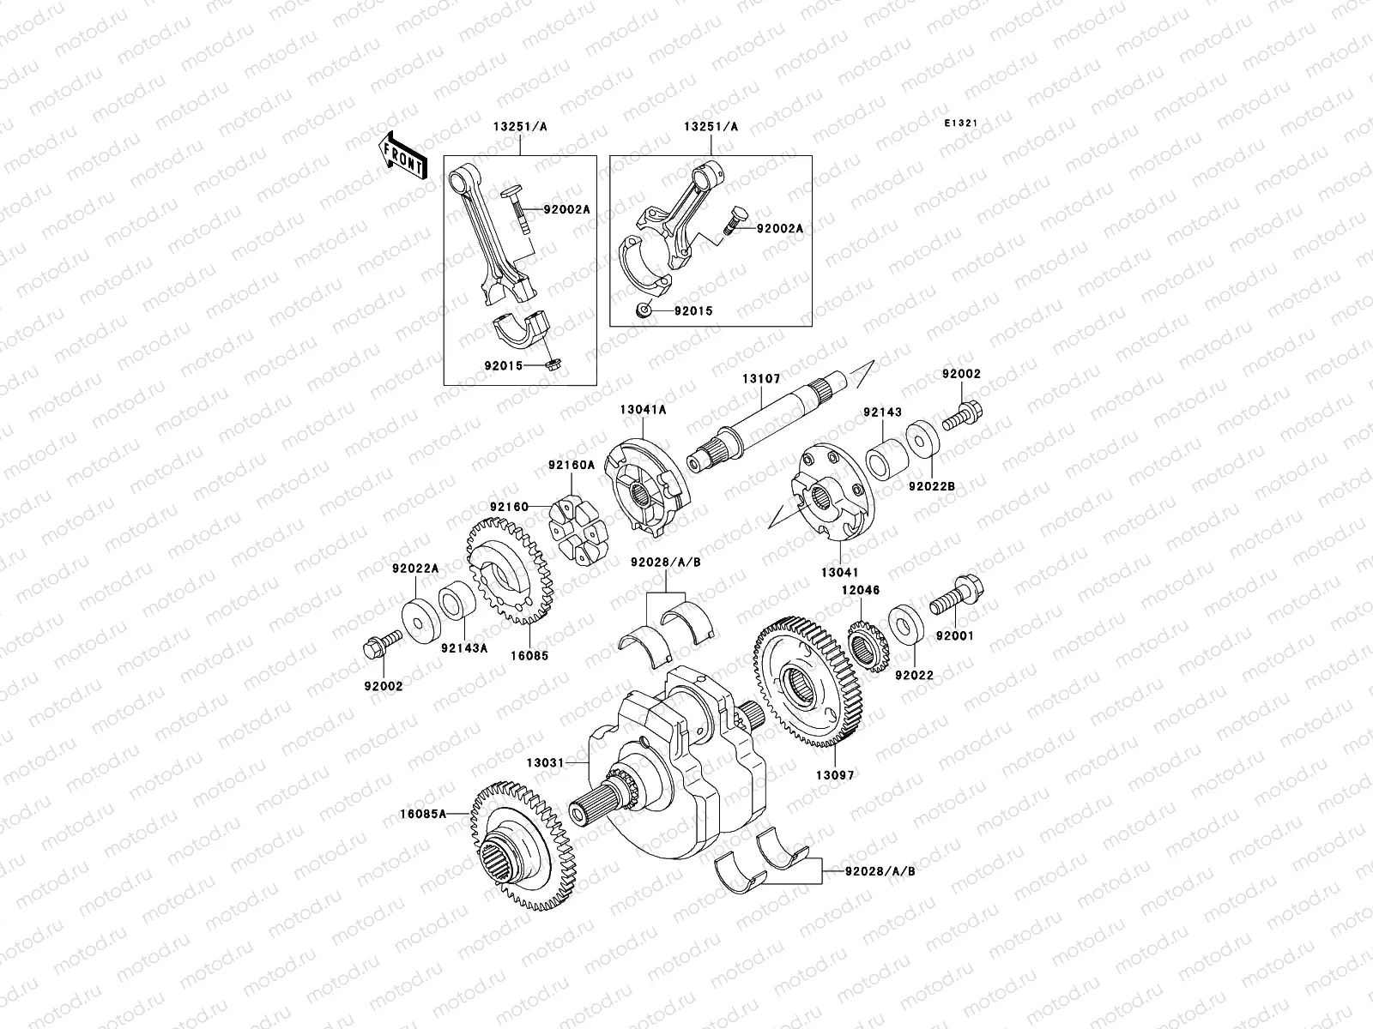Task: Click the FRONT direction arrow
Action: (x=402, y=156)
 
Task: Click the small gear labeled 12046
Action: (x=867, y=646)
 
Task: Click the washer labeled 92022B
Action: (x=923, y=436)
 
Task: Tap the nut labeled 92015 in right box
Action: (x=644, y=310)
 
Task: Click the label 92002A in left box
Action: (x=566, y=210)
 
